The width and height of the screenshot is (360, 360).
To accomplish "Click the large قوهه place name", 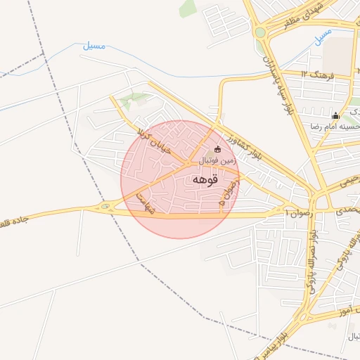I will point(203,179).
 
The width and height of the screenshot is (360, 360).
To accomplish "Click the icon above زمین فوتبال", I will point(217,149).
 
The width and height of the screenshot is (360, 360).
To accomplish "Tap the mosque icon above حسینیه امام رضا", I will point(336,115).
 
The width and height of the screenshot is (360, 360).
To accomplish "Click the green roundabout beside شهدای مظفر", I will point(261,32).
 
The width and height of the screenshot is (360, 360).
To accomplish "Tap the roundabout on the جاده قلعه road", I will point(105,206).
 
